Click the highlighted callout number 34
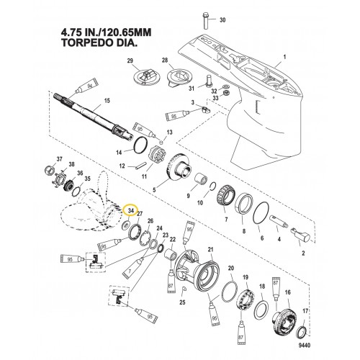130,210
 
